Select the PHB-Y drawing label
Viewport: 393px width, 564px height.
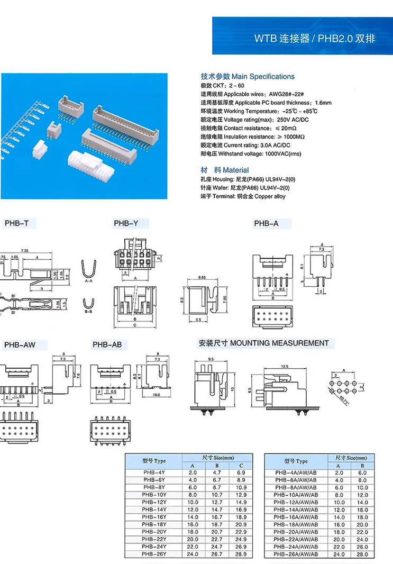point(126,224)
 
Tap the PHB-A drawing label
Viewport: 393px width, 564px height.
point(266,224)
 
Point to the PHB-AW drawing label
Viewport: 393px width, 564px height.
point(20,345)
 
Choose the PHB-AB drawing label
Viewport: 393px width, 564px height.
point(107,345)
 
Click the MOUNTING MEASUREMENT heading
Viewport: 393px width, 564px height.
point(263,343)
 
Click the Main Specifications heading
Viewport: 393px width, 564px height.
point(248,77)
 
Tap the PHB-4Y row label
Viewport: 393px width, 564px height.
point(154,472)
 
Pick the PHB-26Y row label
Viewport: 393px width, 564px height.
point(154,553)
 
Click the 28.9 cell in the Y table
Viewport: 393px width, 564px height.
point(241,553)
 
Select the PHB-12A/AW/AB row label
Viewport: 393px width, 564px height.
point(295,502)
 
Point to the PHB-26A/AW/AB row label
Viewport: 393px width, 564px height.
point(295,553)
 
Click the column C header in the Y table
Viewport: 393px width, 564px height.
point(241,465)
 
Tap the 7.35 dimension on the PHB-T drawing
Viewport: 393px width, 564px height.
point(24,250)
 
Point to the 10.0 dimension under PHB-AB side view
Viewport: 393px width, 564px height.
point(157,395)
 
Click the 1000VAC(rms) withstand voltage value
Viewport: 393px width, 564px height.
point(280,154)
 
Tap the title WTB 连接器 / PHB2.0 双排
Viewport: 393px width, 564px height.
point(315,39)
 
